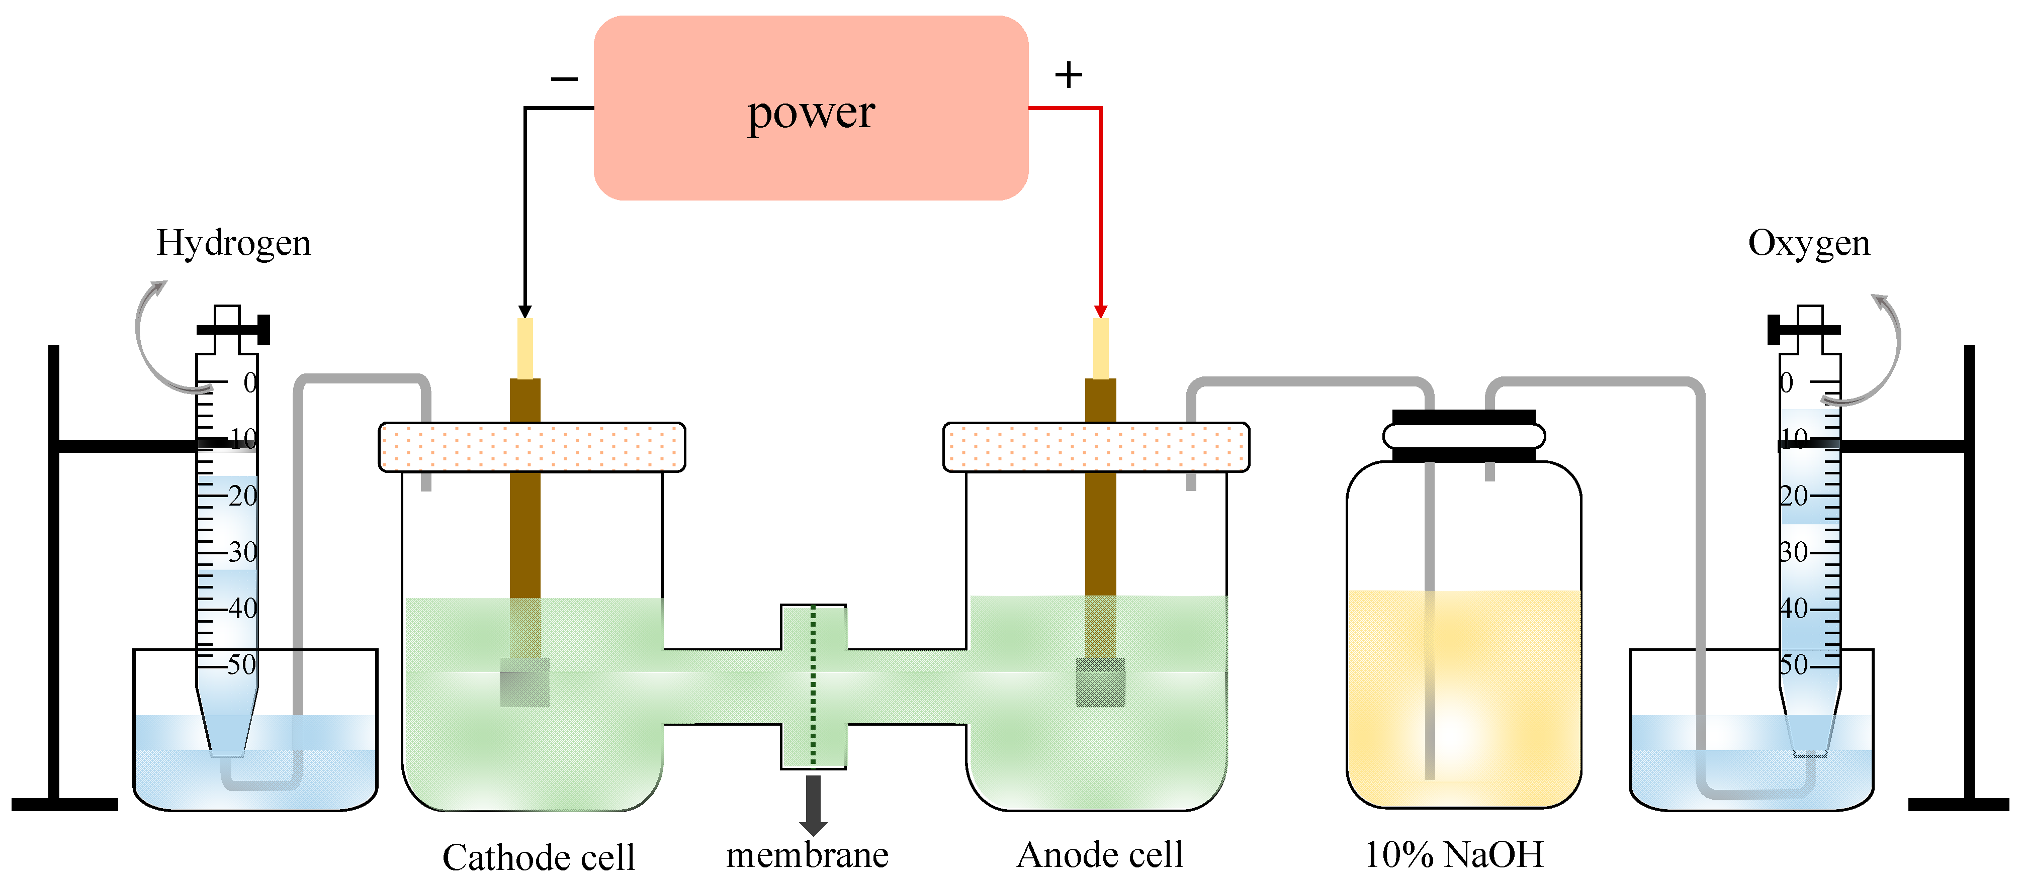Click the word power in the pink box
coord(811,113)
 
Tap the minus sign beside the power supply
coord(564,78)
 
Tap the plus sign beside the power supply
coord(1068,75)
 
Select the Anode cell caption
coord(1099,854)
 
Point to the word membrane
coord(807,854)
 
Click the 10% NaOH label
coord(1454,854)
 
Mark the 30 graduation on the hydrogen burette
coord(242,552)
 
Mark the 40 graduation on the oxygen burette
coord(1794,608)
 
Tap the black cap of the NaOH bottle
coord(1463,417)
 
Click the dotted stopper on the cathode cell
coord(532,447)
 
